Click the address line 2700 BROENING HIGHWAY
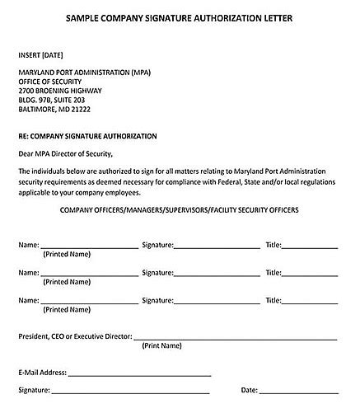[62, 91]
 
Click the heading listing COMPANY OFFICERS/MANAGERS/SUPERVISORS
[179, 210]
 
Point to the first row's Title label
[274, 245]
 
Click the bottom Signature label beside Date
[34, 390]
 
